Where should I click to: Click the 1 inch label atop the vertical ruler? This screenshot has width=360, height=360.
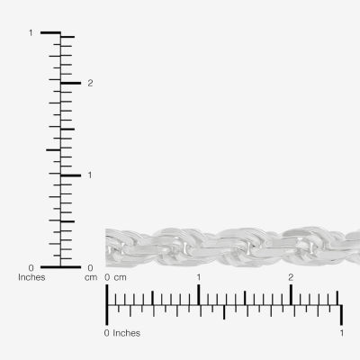point(31,33)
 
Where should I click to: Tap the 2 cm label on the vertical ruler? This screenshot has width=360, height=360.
point(90,84)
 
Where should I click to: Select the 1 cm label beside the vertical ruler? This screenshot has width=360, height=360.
point(90,175)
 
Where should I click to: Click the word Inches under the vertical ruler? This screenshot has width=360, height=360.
point(31,277)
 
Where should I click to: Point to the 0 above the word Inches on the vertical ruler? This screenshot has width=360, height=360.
point(31,267)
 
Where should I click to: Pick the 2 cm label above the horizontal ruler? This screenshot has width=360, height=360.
point(291,277)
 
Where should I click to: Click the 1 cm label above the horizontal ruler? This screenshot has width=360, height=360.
point(199,277)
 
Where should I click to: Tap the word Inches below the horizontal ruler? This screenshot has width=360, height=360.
point(126,333)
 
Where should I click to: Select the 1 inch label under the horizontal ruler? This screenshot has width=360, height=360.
point(342,333)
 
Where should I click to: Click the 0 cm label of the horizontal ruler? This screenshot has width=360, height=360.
point(115,277)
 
